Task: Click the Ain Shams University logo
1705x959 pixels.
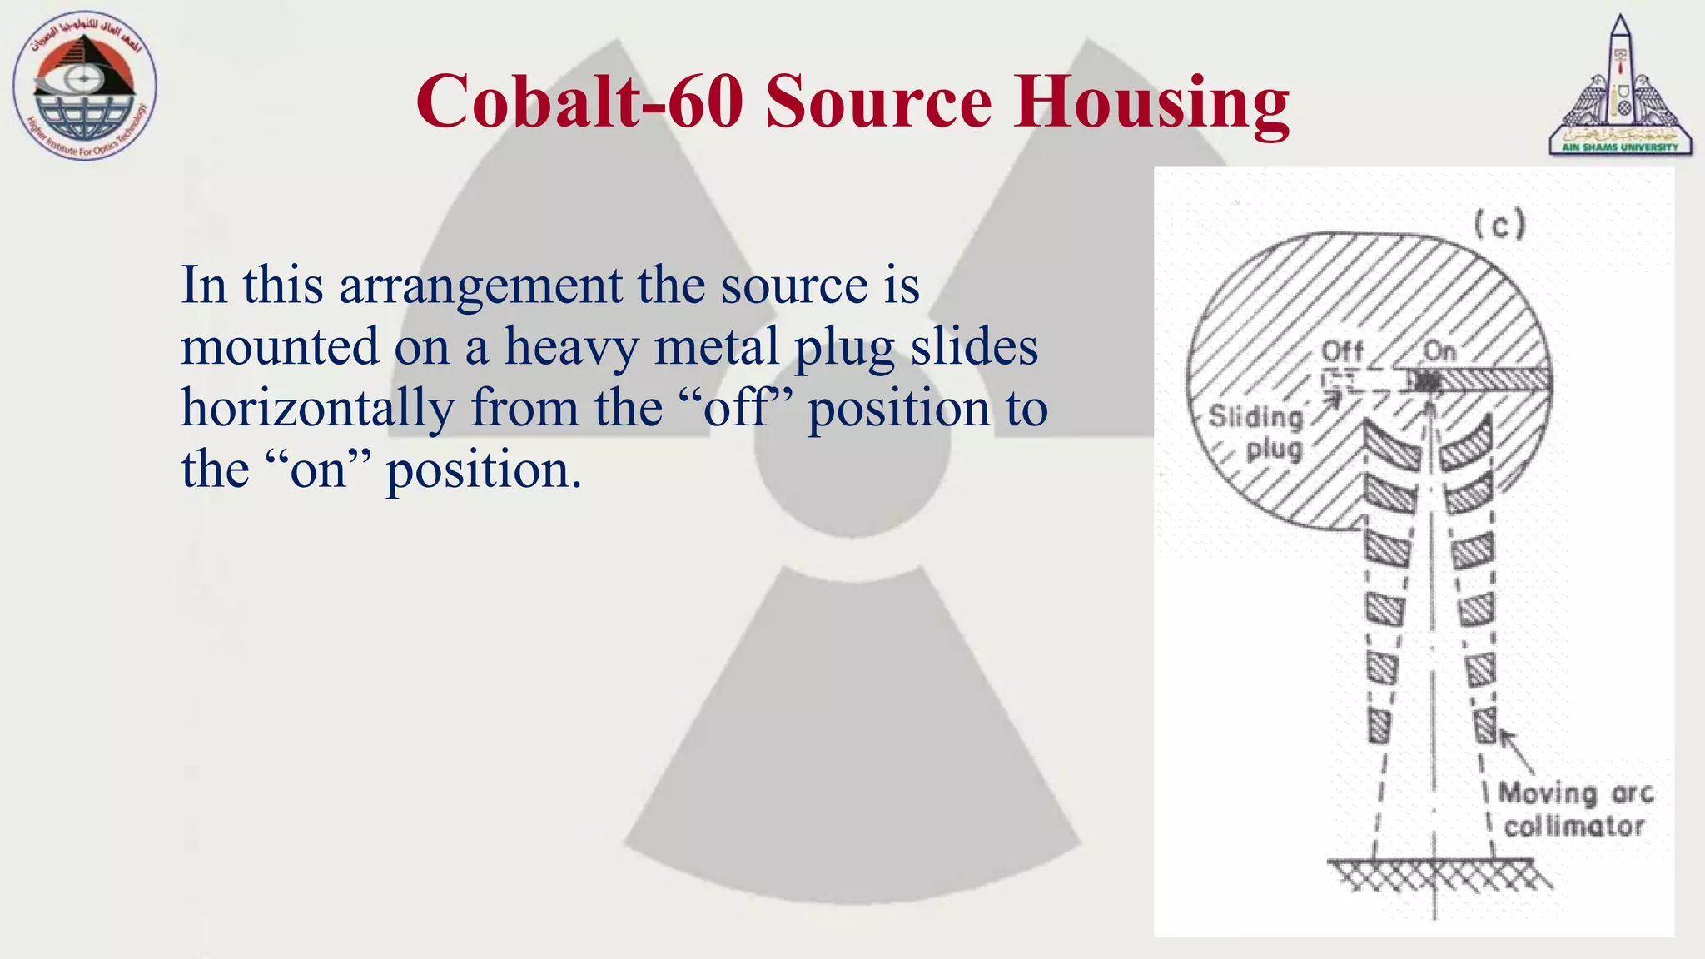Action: [1620, 87]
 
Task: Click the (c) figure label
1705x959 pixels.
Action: [1499, 224]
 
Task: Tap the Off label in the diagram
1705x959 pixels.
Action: [1342, 351]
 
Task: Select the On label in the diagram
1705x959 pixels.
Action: [1439, 351]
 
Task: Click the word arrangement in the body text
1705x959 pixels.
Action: [480, 286]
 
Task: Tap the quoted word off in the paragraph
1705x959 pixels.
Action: [736, 409]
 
